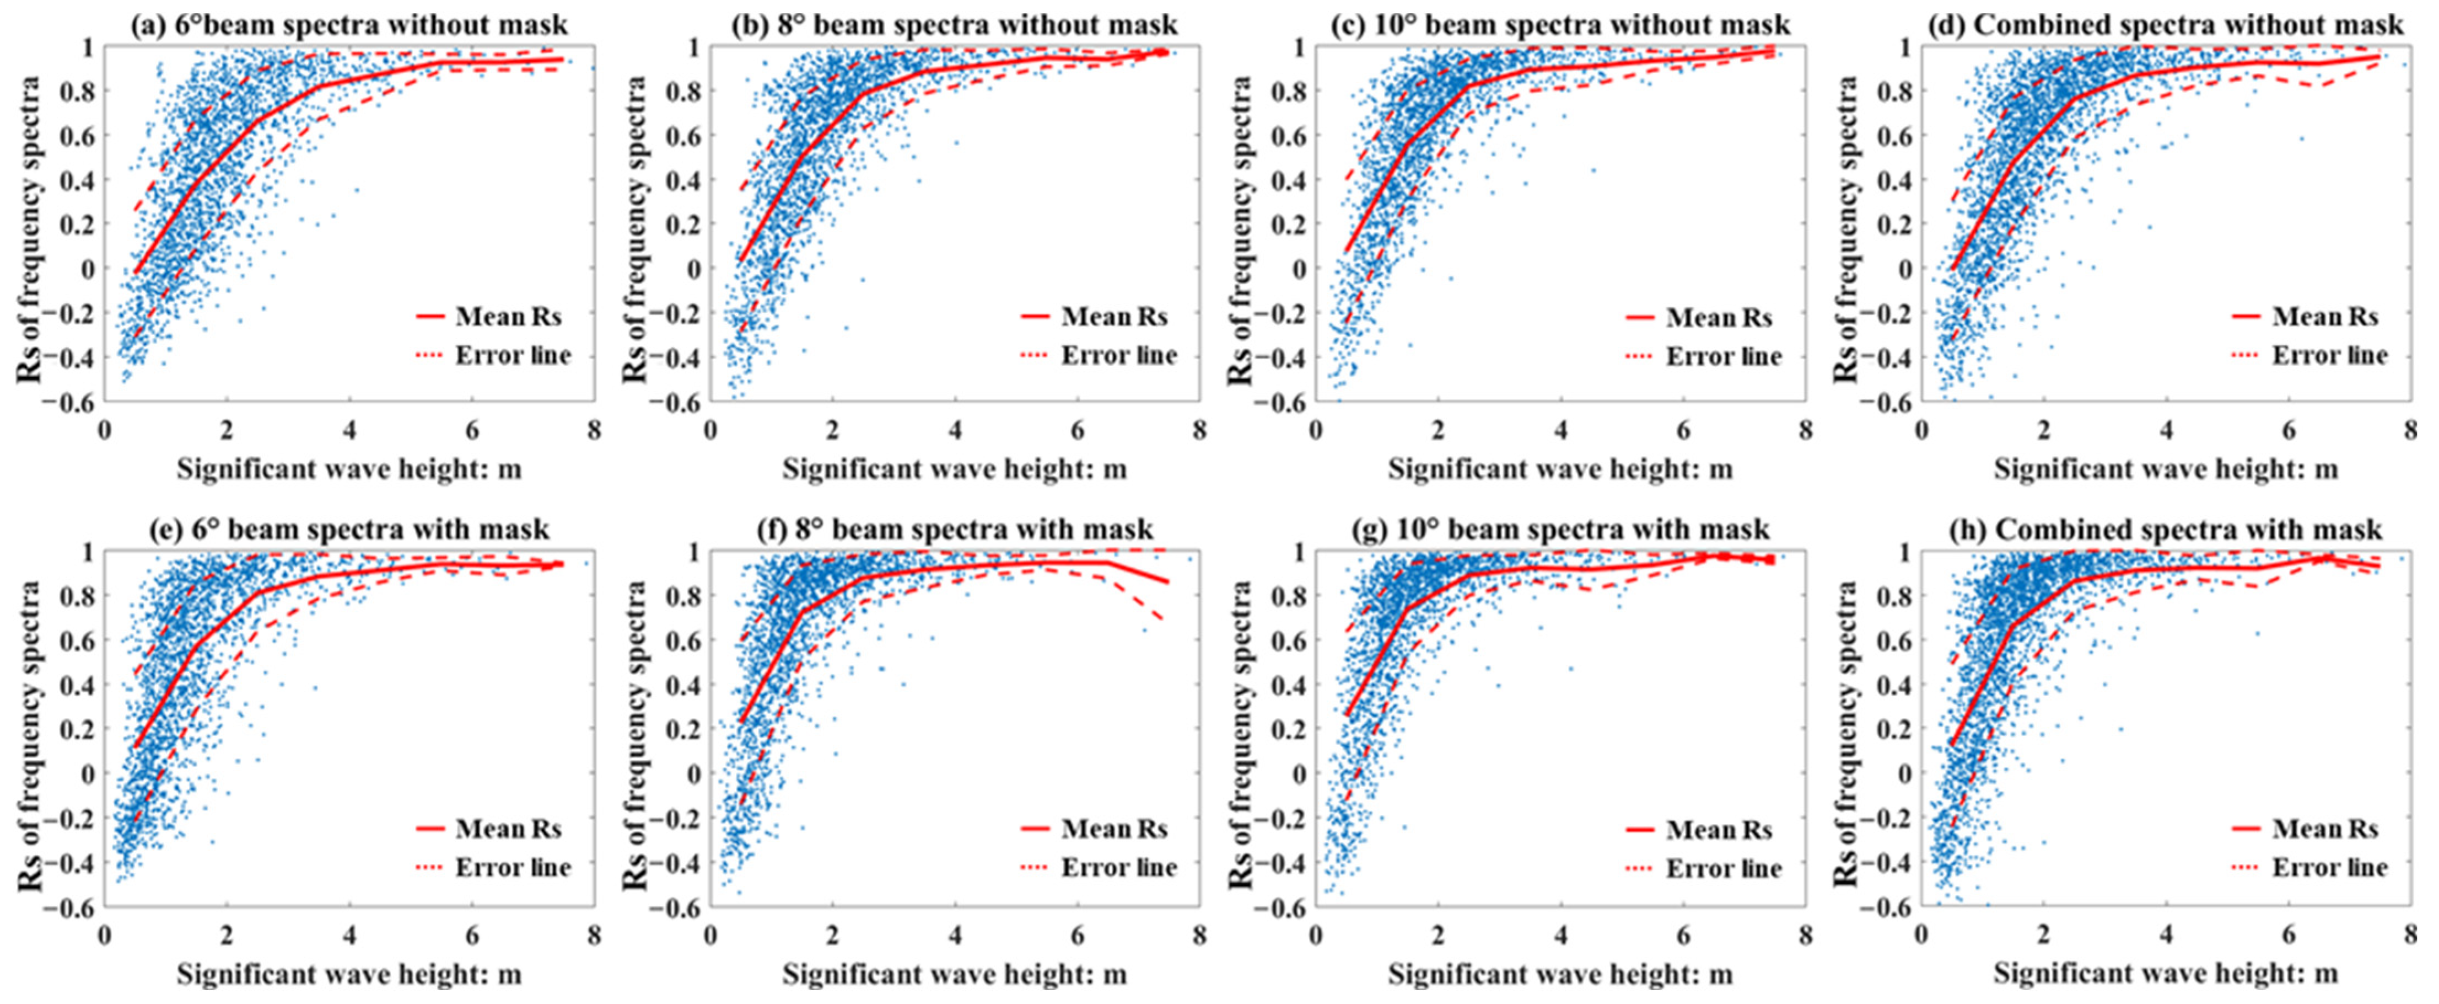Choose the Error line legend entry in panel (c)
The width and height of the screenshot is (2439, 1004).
point(1704,356)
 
